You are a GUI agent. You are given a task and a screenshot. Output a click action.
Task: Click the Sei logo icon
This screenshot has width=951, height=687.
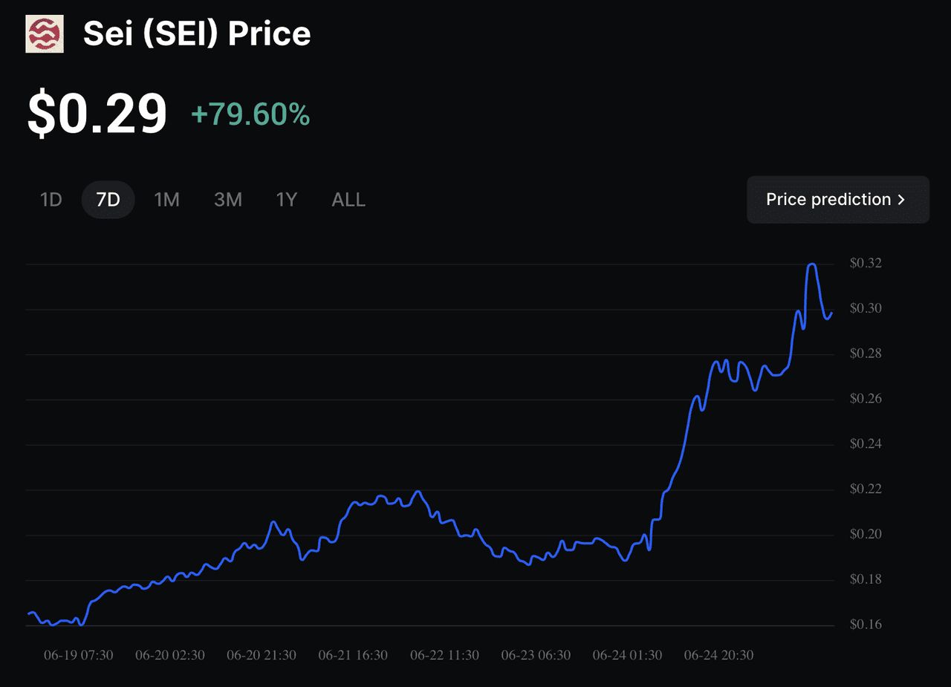tap(45, 34)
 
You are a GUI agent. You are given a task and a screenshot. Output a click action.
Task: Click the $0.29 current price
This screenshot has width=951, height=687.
tap(97, 114)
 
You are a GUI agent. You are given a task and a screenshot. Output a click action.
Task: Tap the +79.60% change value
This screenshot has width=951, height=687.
tap(250, 114)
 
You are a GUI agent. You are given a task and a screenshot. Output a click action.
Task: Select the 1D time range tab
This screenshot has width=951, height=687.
tap(51, 200)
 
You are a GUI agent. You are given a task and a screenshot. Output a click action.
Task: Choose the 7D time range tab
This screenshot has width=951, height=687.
tap(108, 200)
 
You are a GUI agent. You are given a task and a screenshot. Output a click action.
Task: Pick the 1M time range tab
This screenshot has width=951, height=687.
tap(166, 200)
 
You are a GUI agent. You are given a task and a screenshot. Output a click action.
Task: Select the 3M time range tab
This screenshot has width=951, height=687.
tap(228, 200)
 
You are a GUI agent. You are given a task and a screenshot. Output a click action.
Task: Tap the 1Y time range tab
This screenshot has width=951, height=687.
tap(287, 200)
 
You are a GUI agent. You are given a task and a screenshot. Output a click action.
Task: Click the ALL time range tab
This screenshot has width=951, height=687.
tap(348, 200)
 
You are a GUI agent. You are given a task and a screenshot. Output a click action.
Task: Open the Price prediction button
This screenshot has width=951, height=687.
tap(837, 200)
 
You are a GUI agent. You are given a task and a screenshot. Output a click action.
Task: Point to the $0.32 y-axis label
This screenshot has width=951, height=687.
tap(866, 263)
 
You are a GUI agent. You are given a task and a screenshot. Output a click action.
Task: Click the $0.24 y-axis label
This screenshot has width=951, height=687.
tap(866, 444)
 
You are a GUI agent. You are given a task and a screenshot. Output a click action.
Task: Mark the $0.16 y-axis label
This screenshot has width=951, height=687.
tap(866, 625)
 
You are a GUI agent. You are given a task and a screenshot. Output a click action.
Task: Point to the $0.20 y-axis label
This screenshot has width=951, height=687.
tap(866, 535)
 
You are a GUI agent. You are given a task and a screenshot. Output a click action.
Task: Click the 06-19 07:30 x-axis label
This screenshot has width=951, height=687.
tap(79, 655)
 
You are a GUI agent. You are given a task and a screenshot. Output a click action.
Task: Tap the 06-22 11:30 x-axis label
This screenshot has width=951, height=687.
tap(444, 655)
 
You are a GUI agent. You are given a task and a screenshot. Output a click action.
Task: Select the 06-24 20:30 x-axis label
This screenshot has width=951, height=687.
tap(718, 655)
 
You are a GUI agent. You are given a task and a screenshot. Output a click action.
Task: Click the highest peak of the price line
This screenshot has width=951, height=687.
tap(812, 264)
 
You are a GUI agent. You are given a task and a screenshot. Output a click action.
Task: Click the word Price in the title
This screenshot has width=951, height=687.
tap(270, 34)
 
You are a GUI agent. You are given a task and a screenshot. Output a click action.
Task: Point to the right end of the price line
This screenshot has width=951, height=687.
tap(831, 313)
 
